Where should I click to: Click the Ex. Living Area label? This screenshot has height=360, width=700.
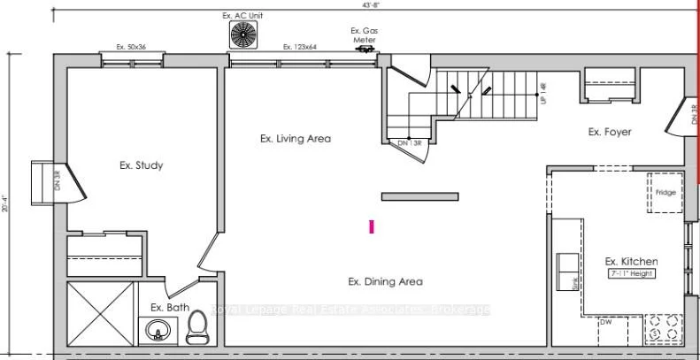click(x=295, y=138)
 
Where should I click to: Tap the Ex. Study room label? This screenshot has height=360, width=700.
click(x=142, y=165)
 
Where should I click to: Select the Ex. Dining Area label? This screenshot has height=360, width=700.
click(x=384, y=281)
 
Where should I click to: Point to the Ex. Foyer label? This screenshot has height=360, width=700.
click(x=610, y=132)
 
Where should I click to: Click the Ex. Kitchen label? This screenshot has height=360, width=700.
click(x=631, y=261)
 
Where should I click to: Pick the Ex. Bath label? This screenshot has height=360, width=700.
click(x=170, y=307)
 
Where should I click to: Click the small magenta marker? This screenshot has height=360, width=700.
click(x=373, y=226)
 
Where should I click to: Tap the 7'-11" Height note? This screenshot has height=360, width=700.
click(x=630, y=274)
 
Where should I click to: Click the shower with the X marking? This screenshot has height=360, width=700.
click(x=98, y=314)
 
